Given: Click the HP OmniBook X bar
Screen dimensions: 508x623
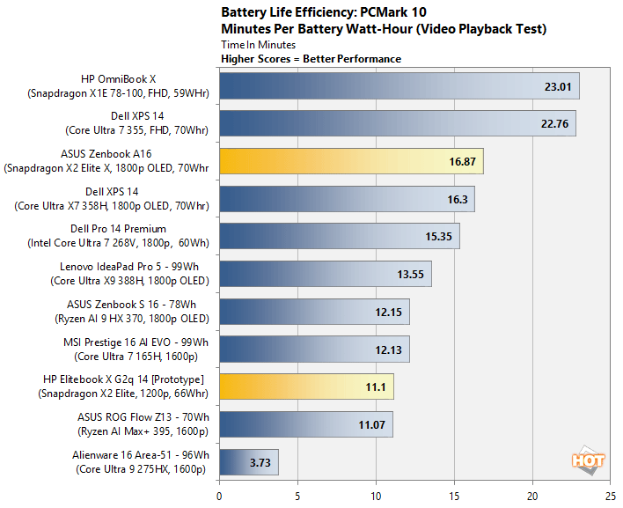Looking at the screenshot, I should tap(399, 86).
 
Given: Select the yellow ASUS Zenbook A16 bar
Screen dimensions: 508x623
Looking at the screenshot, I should tap(350, 161).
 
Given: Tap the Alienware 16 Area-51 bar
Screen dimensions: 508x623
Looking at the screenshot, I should tap(248, 461).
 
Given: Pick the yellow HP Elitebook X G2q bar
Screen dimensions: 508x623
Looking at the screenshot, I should tap(305, 387).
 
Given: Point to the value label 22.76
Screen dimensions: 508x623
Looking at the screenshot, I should tap(554, 124).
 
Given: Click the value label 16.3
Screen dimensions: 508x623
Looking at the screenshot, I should tap(458, 199).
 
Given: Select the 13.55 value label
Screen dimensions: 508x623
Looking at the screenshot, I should tap(411, 274).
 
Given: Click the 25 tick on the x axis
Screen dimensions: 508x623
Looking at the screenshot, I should tap(611, 496).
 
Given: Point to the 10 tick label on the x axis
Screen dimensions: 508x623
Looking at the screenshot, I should tap(376, 496).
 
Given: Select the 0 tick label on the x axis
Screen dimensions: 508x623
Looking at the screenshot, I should tap(219, 496).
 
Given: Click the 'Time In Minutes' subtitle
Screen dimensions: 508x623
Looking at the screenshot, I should tap(259, 44).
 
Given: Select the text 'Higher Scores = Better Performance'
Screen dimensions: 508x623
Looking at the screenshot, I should tap(311, 59).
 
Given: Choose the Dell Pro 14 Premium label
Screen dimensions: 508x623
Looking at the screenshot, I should tap(128, 237).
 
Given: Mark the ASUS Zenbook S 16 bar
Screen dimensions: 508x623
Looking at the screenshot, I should tap(314, 312).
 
